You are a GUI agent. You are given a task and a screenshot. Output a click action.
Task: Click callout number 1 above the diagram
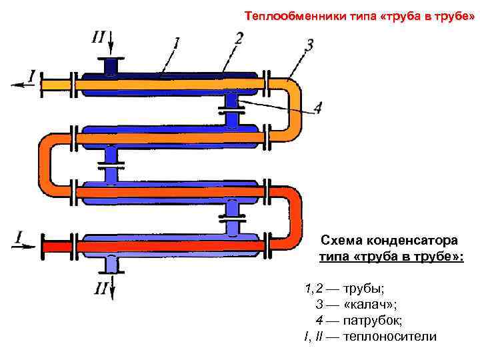175,43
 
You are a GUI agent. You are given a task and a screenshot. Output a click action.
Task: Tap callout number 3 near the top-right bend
309,45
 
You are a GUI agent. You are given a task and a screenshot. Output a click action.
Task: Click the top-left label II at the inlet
97,37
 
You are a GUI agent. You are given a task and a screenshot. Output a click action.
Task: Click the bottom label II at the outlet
101,288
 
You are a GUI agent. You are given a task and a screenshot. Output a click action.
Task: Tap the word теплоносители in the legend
389,336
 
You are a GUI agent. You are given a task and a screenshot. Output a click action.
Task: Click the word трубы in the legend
363,289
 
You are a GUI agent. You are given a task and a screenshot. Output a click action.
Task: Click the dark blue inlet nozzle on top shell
111,67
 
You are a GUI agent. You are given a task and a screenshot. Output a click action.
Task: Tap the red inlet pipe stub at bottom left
57,245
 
